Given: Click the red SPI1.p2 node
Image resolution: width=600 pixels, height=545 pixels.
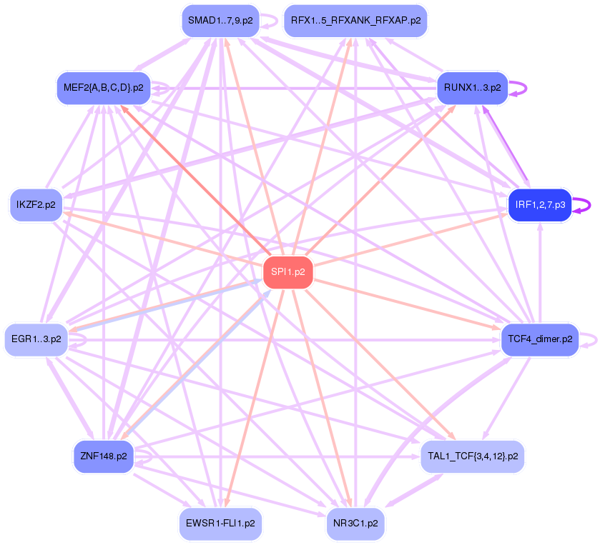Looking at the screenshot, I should [x=288, y=271].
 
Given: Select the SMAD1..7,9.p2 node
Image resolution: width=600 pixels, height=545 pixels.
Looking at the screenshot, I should [x=219, y=21].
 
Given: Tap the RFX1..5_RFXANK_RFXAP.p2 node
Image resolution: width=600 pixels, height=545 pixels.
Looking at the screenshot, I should [x=355, y=21].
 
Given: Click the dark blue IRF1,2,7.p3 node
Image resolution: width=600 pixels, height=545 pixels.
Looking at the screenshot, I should [x=540, y=205].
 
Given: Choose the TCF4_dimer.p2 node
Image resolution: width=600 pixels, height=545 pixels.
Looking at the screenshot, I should [x=540, y=339].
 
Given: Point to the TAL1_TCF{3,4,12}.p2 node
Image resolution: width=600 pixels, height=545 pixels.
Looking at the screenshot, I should [x=472, y=454].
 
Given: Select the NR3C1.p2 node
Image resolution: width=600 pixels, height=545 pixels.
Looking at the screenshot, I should [x=355, y=523].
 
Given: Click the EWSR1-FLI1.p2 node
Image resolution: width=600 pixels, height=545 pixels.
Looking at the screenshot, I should [x=220, y=523].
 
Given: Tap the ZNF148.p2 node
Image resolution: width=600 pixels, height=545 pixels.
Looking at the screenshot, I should [x=104, y=455].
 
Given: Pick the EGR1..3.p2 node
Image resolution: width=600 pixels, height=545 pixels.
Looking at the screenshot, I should [x=36, y=339].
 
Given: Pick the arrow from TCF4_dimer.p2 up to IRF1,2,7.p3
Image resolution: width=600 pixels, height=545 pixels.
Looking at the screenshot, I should [x=540, y=271].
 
